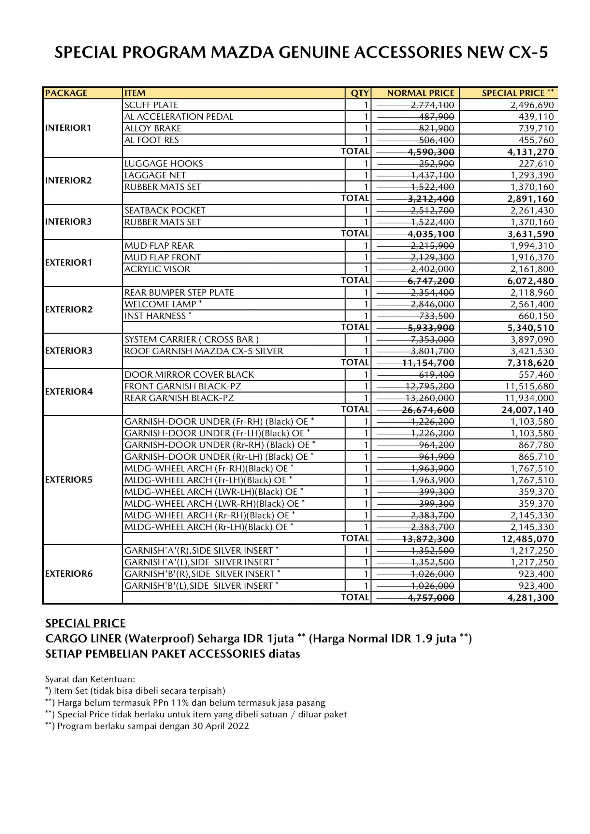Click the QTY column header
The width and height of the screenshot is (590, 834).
(x=359, y=93)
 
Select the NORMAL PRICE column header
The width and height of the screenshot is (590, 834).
(x=420, y=93)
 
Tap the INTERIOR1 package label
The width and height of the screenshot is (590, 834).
(x=68, y=128)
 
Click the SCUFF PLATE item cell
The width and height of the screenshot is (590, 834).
(x=151, y=105)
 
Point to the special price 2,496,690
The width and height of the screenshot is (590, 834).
(x=532, y=105)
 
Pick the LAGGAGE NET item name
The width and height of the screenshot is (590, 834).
(x=155, y=175)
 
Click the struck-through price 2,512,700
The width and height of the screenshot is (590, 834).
(x=432, y=210)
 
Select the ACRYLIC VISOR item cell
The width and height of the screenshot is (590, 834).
(x=157, y=269)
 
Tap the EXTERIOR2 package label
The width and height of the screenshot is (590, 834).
(x=69, y=309)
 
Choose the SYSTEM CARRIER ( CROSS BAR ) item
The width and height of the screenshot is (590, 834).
(x=192, y=339)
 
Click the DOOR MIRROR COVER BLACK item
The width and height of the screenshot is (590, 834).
(x=189, y=375)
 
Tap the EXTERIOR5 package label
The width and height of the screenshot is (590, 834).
(x=69, y=480)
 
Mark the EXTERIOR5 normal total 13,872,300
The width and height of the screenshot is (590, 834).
(x=428, y=539)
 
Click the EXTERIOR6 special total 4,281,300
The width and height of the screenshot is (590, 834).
(x=530, y=597)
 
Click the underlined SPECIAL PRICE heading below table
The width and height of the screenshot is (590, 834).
(x=85, y=623)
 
